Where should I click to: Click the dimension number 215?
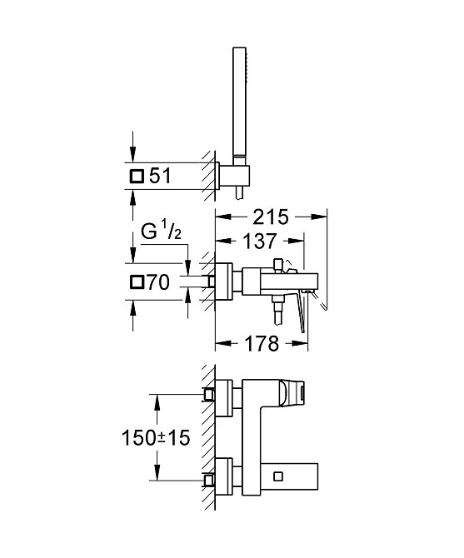(270, 217)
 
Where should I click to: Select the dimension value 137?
(259, 241)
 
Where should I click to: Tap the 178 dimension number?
(262, 344)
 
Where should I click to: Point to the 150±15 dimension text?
(156, 438)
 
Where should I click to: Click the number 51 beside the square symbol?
(160, 177)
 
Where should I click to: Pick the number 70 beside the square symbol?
(158, 282)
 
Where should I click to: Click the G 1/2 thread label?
(161, 232)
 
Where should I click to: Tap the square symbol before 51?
(137, 177)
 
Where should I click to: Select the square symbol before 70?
(137, 282)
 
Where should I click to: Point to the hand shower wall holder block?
(234, 177)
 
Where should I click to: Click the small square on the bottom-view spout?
(278, 476)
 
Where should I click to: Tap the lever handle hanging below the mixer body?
(300, 310)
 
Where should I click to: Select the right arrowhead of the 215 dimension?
(319, 217)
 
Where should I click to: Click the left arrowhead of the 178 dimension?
(223, 343)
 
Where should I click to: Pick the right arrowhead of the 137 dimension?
(296, 241)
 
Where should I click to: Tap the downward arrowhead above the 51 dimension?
(132, 154)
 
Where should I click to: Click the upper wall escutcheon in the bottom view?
(224, 398)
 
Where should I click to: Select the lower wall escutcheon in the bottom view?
(224, 476)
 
